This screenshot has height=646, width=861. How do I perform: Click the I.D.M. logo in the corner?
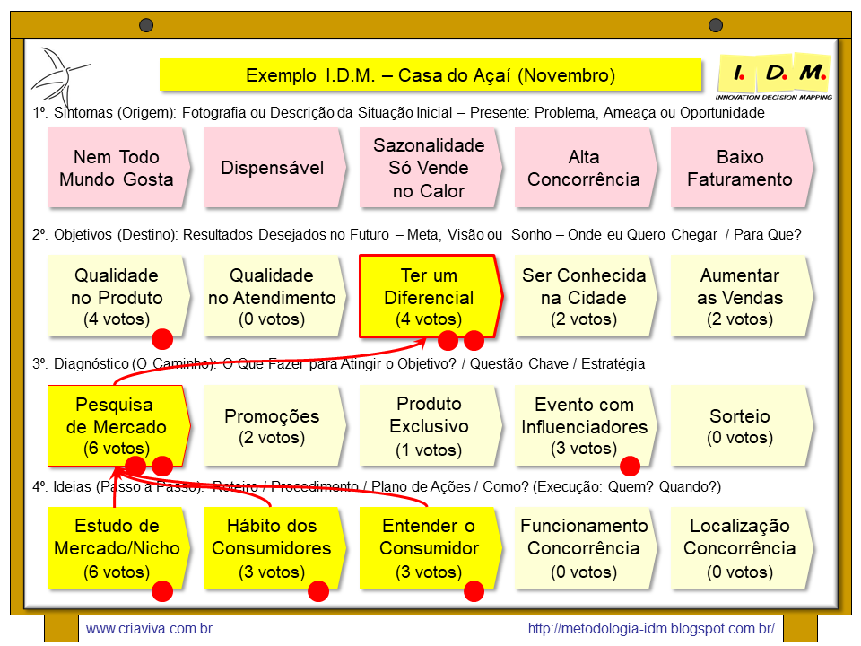pos(775,76)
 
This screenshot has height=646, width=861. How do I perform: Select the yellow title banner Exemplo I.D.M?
pos(430,75)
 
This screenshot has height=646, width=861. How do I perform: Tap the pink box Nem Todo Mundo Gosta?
pos(117,168)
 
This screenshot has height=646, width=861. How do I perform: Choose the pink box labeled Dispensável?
pos(273,168)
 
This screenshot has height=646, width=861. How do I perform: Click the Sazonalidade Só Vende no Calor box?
pos(429,168)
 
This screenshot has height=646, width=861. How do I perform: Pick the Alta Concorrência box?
pos(584,168)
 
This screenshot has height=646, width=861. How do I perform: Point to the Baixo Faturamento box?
pos(740,168)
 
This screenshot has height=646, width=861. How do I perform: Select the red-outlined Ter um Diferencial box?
pos(429,297)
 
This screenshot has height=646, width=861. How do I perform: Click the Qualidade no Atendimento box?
pos(273,297)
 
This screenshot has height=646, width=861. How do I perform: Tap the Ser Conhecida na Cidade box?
pos(584,297)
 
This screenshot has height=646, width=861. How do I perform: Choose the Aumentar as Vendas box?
pos(740,297)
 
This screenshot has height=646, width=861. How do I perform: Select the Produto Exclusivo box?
pos(429,426)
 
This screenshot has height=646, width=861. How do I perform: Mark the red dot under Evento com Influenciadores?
pos(630,466)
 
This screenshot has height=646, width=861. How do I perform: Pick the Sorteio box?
pos(740,426)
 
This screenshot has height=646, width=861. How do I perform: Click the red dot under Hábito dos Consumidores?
pos(318,591)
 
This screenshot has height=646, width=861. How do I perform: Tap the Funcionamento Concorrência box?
pos(584,548)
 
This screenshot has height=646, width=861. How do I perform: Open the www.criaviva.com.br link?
pos(149,629)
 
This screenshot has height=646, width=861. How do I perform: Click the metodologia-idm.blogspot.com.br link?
pos(651,629)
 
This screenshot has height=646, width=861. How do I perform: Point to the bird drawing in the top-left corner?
pos(57,75)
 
